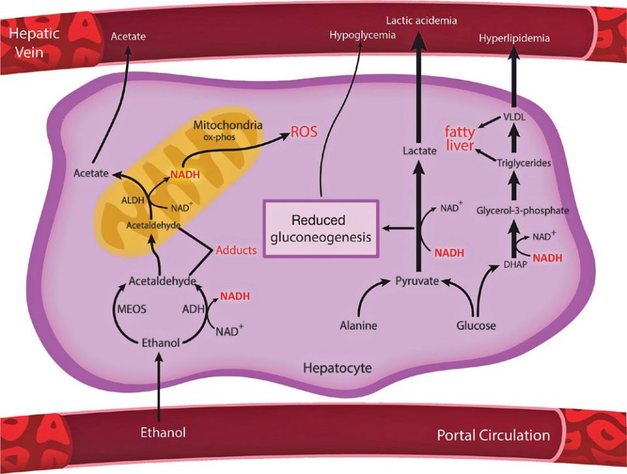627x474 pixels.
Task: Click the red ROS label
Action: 304,131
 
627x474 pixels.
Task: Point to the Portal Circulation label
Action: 493,435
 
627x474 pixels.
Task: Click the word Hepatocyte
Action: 337,368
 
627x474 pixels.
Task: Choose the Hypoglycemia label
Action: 363,35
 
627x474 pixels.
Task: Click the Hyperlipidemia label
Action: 514,39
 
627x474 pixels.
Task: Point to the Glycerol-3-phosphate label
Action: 522,211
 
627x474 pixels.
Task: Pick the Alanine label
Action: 359,325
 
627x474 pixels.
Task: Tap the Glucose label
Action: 476,325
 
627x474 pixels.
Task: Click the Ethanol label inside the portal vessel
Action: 163,432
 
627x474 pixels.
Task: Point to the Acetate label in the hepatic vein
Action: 127,37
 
